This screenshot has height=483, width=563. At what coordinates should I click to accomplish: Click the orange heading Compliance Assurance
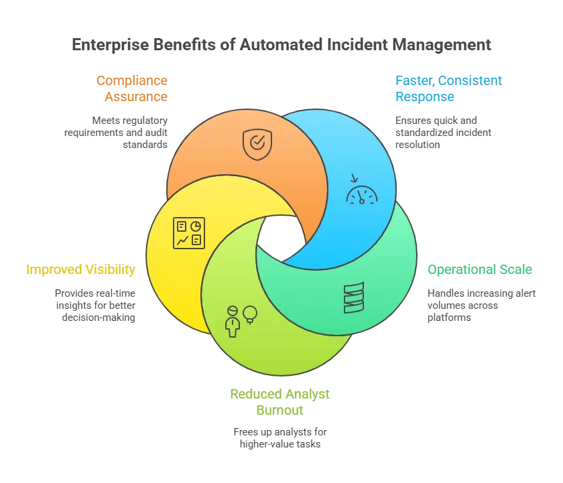point(134,88)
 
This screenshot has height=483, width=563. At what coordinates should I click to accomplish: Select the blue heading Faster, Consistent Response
point(446,88)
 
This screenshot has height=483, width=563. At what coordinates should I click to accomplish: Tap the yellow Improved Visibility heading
point(81,270)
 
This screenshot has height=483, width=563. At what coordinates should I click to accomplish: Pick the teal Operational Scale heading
point(480,270)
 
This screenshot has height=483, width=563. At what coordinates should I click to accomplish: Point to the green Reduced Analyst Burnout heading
point(280,401)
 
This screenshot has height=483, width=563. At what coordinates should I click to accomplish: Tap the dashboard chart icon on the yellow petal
point(189,233)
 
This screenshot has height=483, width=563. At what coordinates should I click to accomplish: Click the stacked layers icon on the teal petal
point(353,297)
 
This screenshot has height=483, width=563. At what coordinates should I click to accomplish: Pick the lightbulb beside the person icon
point(250,314)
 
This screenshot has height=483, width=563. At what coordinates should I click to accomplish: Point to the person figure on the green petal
point(233,321)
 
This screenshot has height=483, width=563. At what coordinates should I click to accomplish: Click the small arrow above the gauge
point(354,178)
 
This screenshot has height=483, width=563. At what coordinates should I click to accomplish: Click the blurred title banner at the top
point(281,46)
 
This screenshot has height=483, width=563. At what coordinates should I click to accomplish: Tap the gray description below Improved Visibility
point(96,305)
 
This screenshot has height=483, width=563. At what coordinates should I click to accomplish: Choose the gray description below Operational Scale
point(479,303)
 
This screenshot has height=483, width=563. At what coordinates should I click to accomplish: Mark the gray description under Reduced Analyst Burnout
point(279,437)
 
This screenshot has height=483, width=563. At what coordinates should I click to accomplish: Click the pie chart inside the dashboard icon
point(196,226)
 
